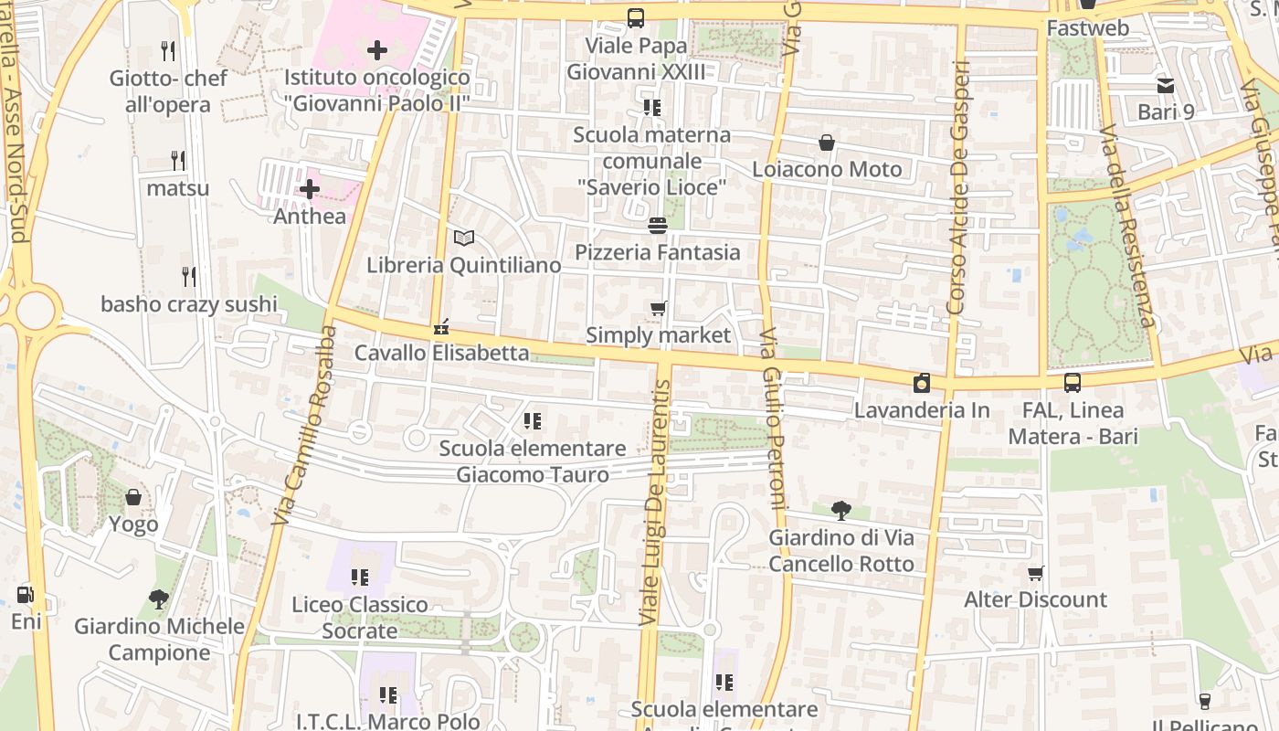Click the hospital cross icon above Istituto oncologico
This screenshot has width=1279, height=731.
point(376,50)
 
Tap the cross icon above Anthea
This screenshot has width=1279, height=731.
point(310,190)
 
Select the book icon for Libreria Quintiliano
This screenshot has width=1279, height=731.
point(464,238)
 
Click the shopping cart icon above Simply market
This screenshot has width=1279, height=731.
point(658,309)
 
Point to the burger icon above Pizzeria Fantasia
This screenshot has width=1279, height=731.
point(658,225)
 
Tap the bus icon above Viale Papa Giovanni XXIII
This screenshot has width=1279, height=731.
point(636,17)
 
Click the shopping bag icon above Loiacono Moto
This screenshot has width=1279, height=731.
point(827,143)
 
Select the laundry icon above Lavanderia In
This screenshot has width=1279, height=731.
point(922,383)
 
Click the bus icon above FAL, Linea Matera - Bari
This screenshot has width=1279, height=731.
point(1073,383)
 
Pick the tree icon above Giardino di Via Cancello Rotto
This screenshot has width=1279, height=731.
point(841,511)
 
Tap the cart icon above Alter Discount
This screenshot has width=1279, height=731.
point(1036,574)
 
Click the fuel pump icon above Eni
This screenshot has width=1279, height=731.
point(26,595)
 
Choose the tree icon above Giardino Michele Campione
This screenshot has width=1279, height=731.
point(159,599)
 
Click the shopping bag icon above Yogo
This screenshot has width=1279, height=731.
point(133,497)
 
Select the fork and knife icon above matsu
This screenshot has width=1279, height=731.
point(178,161)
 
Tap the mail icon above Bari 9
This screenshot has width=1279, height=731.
point(1166,86)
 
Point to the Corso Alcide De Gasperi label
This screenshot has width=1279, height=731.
point(957,187)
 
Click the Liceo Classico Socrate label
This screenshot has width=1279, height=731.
point(360,618)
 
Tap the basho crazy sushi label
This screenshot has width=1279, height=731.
point(189,303)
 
